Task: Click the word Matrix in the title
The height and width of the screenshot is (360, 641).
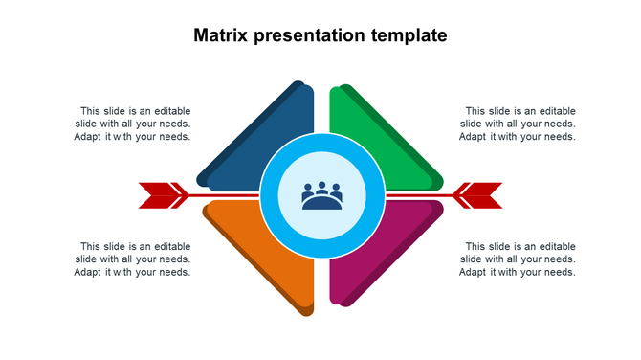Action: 220,36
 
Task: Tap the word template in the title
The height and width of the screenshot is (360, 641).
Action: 411,36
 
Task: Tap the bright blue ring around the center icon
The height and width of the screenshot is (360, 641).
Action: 322,146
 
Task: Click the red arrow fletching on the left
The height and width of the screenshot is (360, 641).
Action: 161,195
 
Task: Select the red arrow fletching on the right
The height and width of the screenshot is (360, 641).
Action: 479,195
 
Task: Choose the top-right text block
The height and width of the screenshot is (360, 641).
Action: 518,124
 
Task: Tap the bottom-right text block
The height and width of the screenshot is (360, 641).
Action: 518,259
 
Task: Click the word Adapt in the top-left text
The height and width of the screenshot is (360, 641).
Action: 88,137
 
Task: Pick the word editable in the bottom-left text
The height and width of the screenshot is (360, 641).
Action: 172,247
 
